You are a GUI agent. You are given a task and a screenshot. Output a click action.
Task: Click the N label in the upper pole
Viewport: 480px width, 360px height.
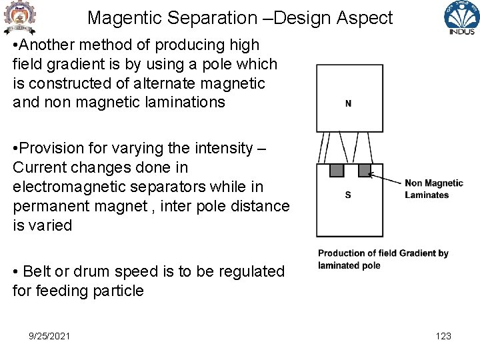(x=348, y=103)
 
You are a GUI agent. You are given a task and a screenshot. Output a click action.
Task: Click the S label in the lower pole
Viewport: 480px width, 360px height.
(x=348, y=195)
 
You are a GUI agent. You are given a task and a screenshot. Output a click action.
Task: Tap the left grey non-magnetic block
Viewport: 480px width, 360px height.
(x=337, y=171)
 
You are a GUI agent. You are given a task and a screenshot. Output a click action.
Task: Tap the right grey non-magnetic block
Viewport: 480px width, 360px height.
(x=364, y=171)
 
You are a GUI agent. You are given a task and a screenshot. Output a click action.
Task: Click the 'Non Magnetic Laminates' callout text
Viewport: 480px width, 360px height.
(x=433, y=189)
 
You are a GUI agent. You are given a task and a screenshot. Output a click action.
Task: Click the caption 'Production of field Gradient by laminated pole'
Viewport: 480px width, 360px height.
(x=383, y=259)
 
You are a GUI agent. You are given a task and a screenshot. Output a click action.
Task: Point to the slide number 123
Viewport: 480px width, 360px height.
(x=443, y=336)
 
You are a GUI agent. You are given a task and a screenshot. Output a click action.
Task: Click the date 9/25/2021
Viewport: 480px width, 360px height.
(x=50, y=336)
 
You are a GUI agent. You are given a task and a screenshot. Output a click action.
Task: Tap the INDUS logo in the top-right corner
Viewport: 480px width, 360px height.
(x=461, y=18)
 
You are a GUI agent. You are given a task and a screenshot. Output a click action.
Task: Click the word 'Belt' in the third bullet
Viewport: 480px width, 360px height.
(x=37, y=271)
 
